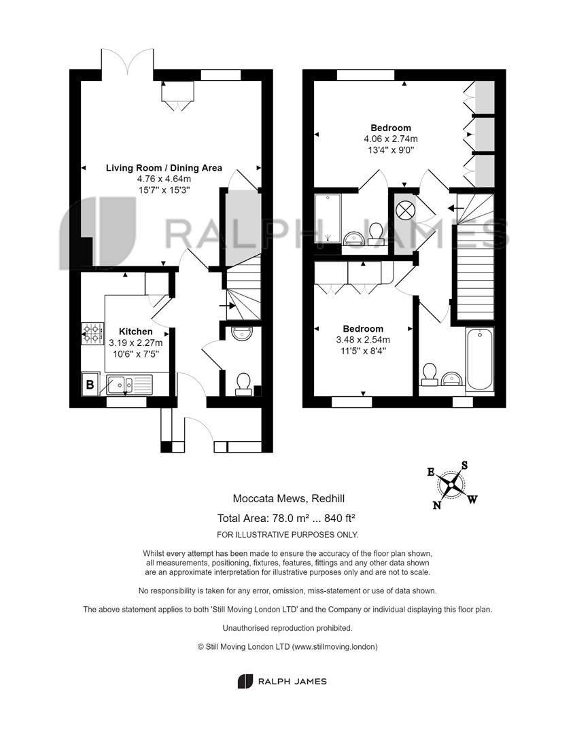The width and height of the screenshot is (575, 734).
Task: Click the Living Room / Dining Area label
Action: (164, 168)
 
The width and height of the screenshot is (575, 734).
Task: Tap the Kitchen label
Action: (136, 332)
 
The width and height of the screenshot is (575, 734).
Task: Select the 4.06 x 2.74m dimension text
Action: (391, 139)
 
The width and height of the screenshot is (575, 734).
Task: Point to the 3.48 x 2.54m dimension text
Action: (363, 340)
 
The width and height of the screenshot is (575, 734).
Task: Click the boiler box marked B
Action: (90, 384)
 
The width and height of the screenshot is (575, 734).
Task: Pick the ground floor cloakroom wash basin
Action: (242, 333)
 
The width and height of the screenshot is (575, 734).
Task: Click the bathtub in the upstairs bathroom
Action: (479, 359)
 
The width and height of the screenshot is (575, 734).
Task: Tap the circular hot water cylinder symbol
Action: (404, 210)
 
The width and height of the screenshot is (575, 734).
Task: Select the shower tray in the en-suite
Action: (328, 218)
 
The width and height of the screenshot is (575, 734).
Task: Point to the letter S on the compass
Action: (464, 465)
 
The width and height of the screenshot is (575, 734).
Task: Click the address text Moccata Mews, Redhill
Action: (288, 499)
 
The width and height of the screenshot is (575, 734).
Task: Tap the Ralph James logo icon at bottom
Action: (245, 681)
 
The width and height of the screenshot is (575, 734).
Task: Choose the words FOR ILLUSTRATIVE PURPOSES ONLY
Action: (287, 535)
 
